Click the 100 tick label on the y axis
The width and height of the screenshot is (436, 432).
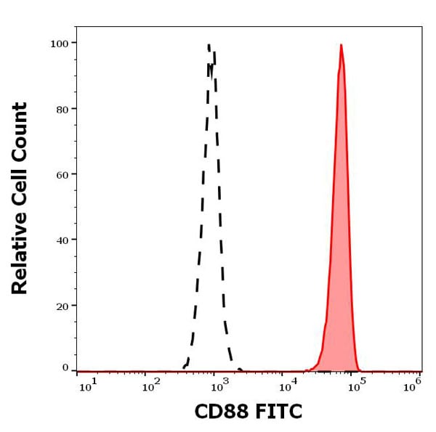click(x=59, y=43)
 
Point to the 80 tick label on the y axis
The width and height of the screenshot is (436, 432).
click(x=62, y=109)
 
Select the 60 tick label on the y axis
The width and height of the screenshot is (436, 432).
click(x=62, y=174)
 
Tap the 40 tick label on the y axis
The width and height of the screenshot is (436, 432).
click(x=62, y=240)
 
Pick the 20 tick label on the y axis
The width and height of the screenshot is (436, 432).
click(x=62, y=306)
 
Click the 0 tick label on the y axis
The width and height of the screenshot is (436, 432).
click(x=65, y=367)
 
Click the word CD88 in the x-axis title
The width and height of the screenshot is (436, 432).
click(x=219, y=412)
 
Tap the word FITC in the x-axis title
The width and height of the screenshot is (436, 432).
click(x=276, y=412)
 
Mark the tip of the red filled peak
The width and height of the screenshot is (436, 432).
click(x=341, y=45)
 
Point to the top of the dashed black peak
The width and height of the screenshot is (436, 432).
click(x=209, y=45)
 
